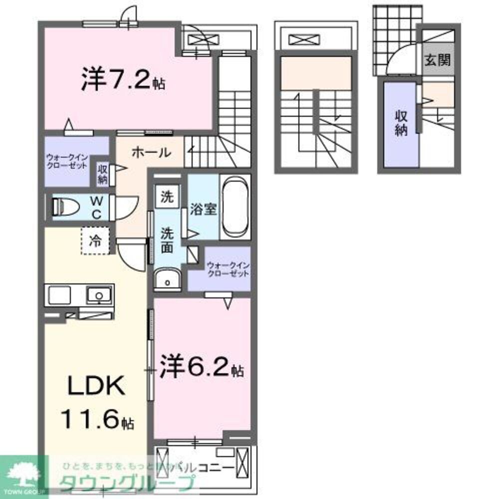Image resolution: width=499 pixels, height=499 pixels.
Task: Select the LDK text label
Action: (95, 387)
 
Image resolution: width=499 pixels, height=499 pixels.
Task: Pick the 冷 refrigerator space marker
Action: (95, 241)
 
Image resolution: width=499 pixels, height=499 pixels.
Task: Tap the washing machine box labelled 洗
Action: (168, 196)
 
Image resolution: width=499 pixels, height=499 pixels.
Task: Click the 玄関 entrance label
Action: (438, 61)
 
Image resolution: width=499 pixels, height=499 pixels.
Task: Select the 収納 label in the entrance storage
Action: (401, 123)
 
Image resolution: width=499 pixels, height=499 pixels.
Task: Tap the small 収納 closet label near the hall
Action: (103, 174)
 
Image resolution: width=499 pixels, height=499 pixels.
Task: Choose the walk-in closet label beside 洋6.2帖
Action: (228, 270)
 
